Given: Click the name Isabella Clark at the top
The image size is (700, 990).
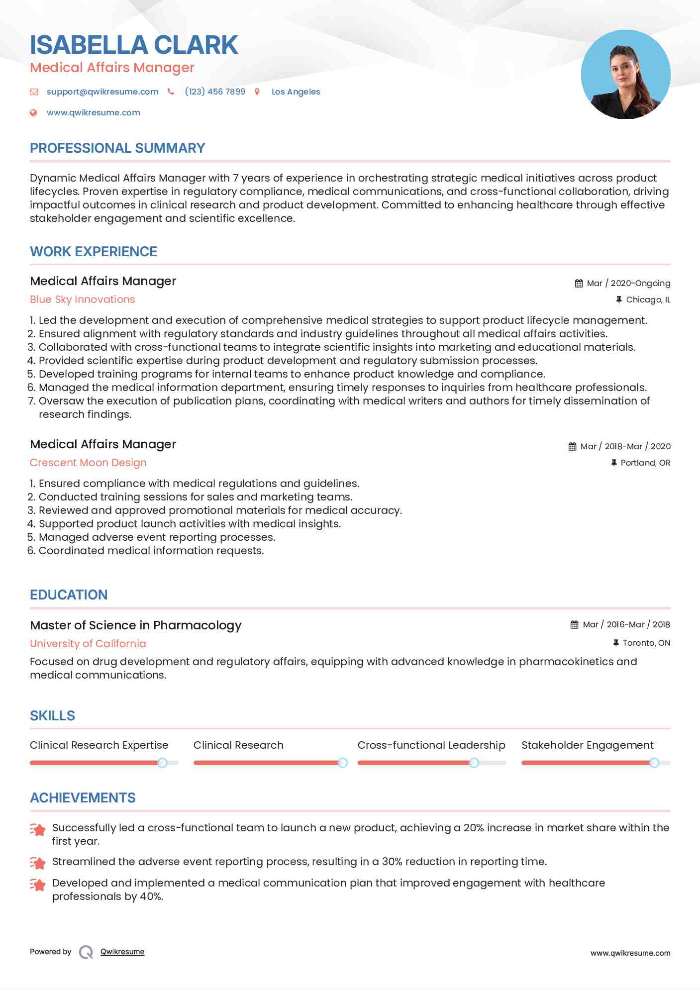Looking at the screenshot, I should [x=134, y=45].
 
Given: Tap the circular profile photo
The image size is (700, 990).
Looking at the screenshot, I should [x=625, y=75].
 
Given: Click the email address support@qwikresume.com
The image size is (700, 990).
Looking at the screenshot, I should [x=102, y=92].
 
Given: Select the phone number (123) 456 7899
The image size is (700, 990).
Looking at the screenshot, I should [x=215, y=92].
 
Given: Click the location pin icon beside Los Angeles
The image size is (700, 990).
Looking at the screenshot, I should [x=257, y=92].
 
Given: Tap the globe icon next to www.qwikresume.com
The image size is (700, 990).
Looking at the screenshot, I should [x=33, y=112].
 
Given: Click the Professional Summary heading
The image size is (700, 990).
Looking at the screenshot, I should [x=117, y=148].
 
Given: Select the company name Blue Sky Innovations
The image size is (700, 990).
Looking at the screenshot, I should [x=82, y=299].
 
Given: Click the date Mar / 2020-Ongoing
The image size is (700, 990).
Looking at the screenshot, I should [x=628, y=283].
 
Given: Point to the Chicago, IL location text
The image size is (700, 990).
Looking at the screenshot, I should [x=648, y=299].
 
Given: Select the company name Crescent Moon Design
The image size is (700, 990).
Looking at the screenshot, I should [x=88, y=463].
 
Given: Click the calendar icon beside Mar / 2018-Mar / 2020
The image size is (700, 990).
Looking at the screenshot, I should [x=572, y=446].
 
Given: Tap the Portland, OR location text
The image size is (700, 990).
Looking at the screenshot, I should [x=645, y=463].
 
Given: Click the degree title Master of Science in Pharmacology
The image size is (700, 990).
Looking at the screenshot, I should [x=135, y=625].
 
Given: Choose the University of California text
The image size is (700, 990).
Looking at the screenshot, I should [x=88, y=644].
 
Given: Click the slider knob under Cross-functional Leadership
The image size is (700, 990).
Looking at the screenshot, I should [x=474, y=763].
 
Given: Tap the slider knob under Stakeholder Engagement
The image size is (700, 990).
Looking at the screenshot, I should [x=654, y=763].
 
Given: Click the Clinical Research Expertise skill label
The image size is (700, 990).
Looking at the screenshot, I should [x=99, y=745].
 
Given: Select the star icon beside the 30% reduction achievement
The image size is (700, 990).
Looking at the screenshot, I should [x=38, y=862].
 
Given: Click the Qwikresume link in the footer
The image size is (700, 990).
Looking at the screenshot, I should [x=122, y=952].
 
